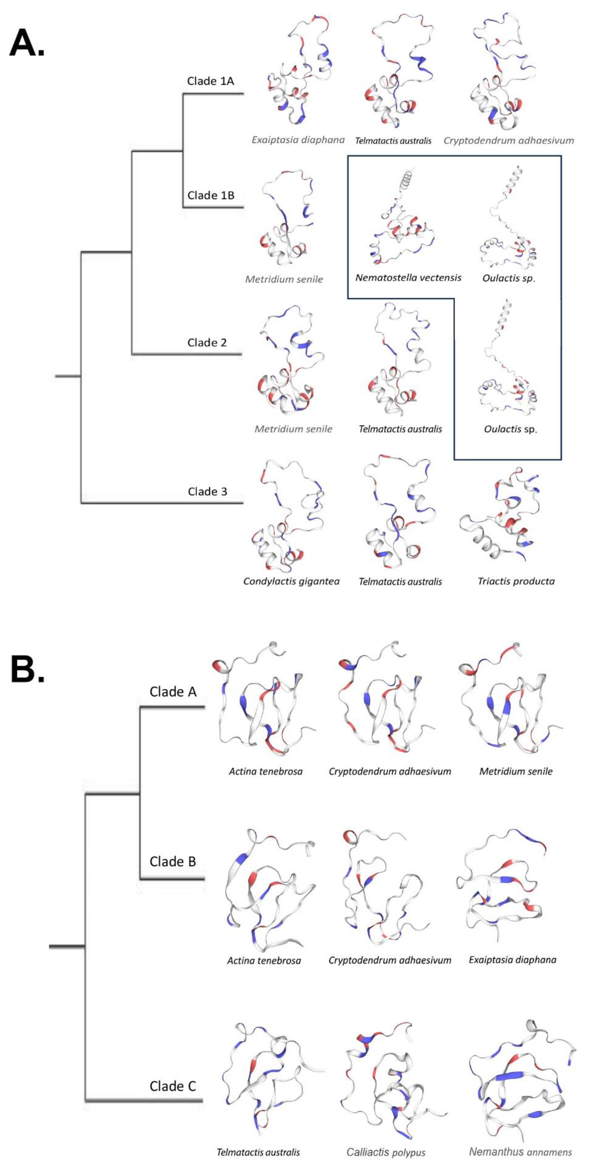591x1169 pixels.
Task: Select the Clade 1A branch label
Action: (211, 81)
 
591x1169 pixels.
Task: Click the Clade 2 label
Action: (207, 343)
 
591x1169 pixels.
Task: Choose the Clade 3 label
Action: (207, 491)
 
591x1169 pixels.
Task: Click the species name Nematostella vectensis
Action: (408, 278)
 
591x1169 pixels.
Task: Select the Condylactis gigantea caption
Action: (291, 581)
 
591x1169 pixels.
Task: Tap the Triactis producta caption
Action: (516, 581)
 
